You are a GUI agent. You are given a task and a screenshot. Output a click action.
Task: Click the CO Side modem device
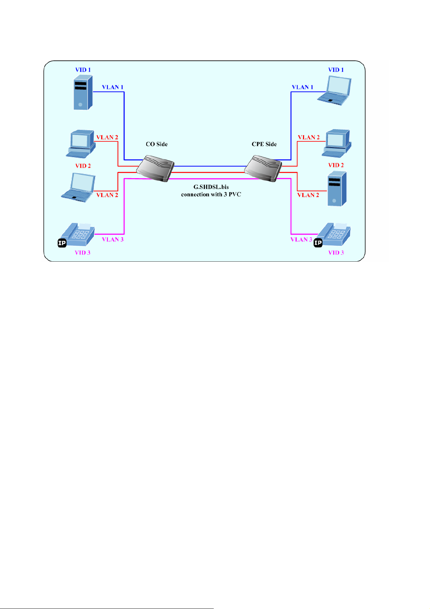(x=156, y=168)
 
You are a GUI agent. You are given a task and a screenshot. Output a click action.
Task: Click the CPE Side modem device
(x=263, y=168)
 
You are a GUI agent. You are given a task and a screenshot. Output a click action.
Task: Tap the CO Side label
(x=157, y=144)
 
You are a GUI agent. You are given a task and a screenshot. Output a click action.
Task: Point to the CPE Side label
(x=264, y=144)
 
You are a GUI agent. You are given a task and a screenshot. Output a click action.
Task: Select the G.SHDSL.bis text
(x=211, y=187)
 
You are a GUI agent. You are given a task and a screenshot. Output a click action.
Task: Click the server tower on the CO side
(x=83, y=93)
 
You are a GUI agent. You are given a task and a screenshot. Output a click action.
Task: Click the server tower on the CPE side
(x=337, y=189)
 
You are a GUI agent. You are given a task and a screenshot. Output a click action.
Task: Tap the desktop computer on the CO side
(x=81, y=145)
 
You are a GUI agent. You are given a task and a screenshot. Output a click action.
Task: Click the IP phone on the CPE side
(x=335, y=235)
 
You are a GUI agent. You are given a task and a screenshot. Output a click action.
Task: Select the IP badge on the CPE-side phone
(x=318, y=243)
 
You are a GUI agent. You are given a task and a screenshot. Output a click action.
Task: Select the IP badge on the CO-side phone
(x=62, y=243)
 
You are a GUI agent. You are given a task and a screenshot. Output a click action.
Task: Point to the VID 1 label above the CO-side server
(x=83, y=70)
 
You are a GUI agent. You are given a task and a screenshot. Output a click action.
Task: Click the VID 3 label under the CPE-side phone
(x=336, y=253)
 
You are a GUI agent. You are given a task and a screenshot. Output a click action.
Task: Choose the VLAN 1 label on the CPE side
(x=303, y=87)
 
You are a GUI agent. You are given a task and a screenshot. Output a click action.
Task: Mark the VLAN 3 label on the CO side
(x=113, y=239)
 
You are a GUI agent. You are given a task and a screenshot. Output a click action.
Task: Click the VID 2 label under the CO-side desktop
(x=83, y=166)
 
